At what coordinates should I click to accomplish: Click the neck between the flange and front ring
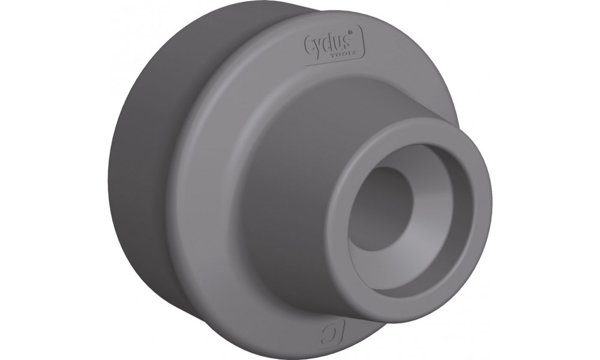tap(288, 180)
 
